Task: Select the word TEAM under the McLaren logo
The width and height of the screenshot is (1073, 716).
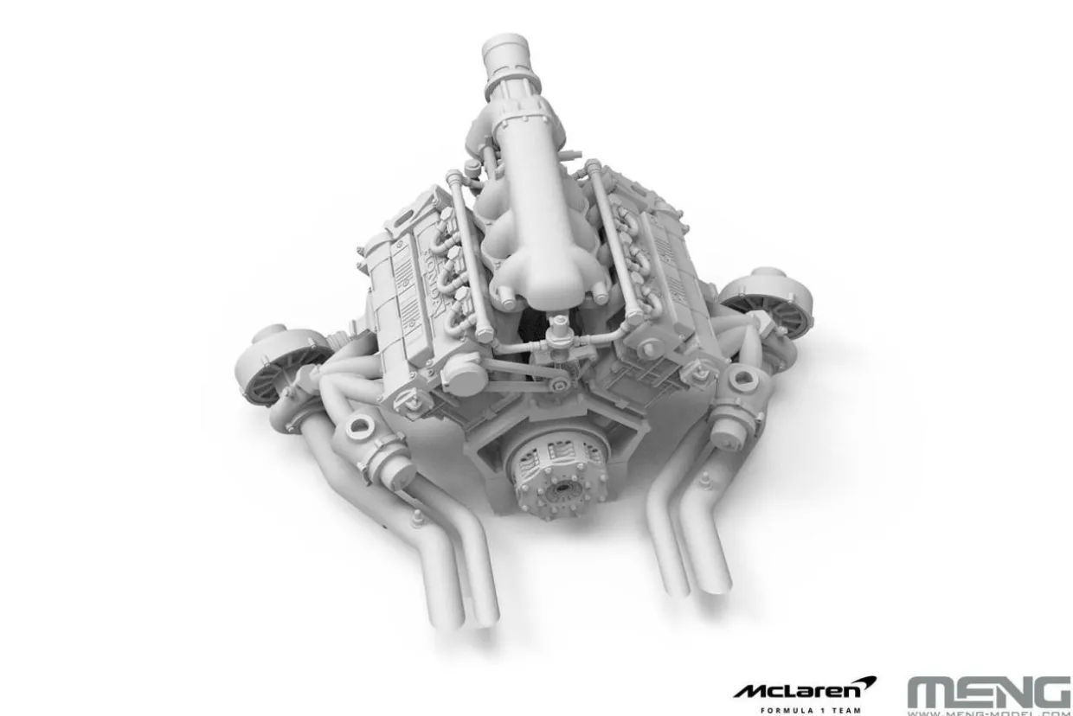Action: (x=845, y=711)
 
